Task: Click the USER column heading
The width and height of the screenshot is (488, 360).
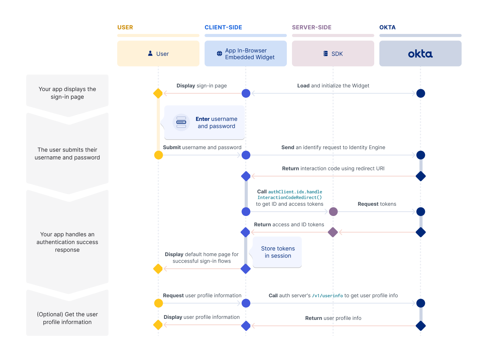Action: (125, 27)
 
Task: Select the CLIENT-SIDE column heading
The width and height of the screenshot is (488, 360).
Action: (223, 27)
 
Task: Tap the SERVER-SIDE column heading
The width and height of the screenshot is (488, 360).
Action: (312, 27)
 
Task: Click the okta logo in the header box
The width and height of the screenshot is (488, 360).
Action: (420, 54)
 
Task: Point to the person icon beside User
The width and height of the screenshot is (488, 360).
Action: (150, 53)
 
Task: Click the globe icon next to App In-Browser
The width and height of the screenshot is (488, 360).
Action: (219, 53)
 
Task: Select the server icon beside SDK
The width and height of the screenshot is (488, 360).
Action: (326, 53)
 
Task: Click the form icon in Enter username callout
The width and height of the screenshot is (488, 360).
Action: (181, 122)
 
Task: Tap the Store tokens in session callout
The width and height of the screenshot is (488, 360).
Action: (278, 252)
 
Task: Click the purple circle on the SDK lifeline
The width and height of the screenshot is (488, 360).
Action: (333, 212)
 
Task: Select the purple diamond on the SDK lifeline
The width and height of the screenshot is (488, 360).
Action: (333, 232)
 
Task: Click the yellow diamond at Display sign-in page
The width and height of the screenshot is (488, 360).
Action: (158, 93)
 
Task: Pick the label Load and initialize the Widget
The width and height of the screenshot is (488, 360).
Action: (333, 86)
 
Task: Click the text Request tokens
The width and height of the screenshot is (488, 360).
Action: (377, 204)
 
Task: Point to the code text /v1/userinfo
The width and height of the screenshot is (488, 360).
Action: (327, 296)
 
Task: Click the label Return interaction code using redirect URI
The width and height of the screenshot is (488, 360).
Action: (333, 169)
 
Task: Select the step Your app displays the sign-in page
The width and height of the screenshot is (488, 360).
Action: (67, 93)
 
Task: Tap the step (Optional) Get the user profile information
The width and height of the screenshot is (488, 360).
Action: (67, 318)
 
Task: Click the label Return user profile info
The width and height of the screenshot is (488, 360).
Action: (333, 318)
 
